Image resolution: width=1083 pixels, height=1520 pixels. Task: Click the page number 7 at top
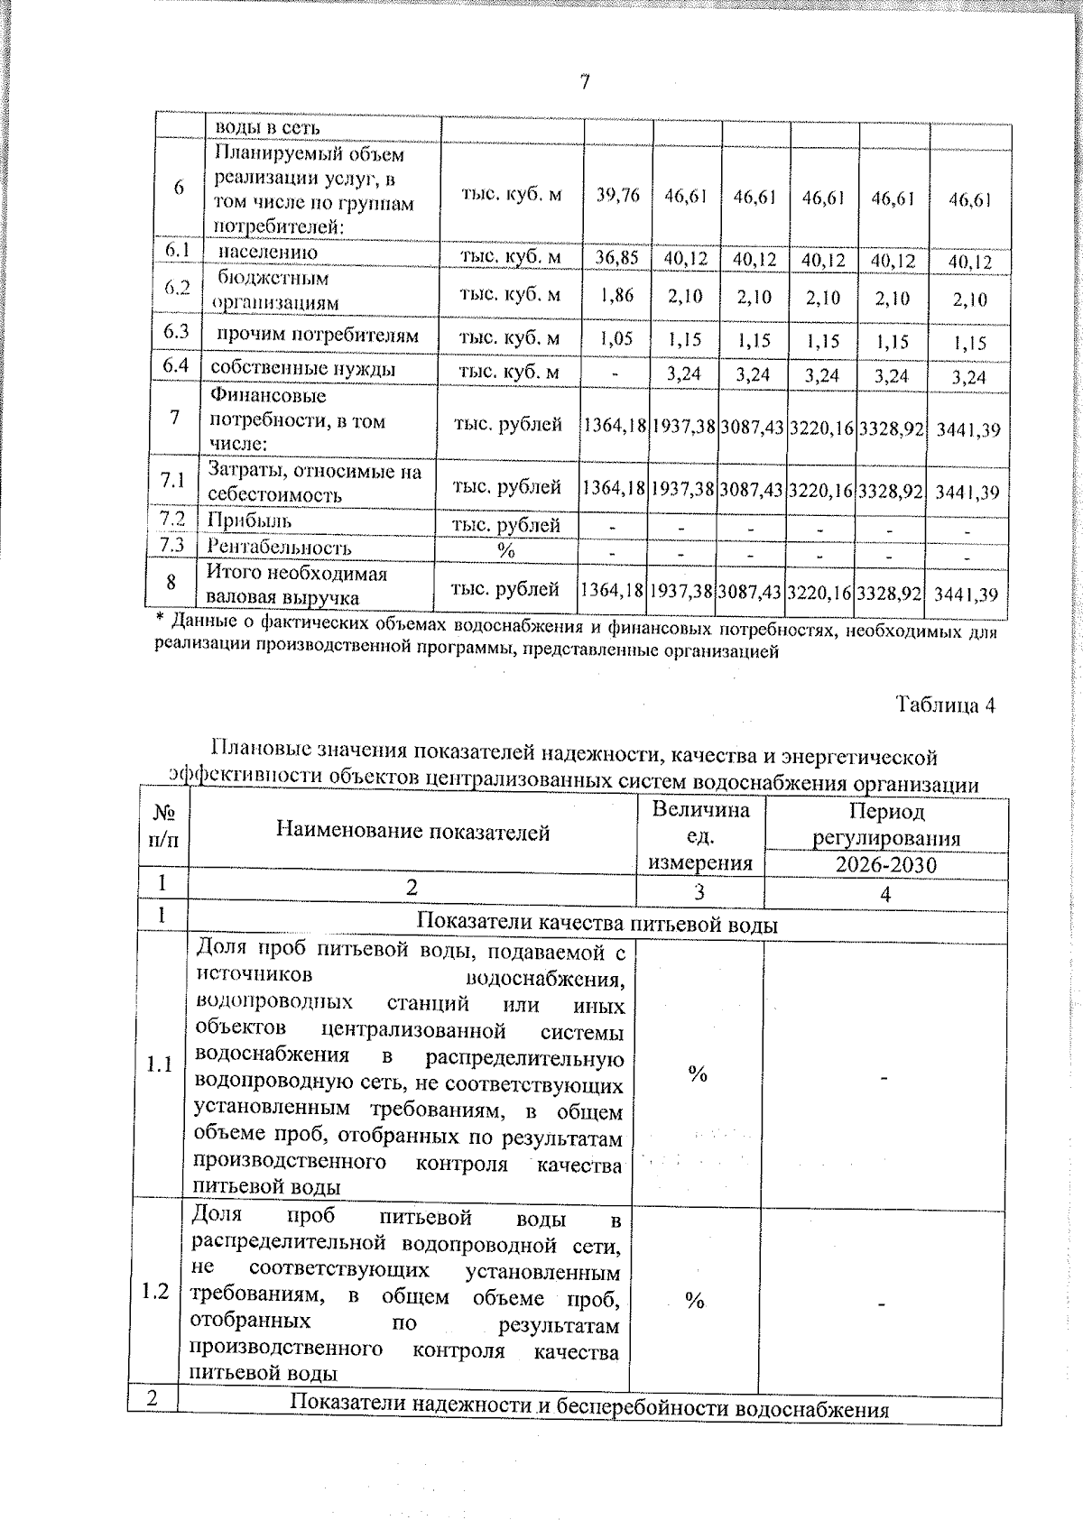coord(585,83)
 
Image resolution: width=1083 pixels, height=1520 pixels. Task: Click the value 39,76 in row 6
coord(618,195)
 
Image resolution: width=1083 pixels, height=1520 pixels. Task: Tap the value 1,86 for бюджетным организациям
coord(617,295)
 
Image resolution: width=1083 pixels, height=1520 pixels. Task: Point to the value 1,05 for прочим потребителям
coord(617,338)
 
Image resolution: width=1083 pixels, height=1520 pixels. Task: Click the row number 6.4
coord(175,366)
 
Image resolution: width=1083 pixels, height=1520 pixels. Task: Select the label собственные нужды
coord(303,369)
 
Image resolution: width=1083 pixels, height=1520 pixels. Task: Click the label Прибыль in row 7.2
coord(250,520)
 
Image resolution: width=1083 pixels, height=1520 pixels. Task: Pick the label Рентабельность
coord(279,548)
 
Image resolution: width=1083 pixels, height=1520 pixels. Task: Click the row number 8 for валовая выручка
coord(171,583)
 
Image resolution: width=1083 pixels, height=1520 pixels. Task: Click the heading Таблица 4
coord(945,705)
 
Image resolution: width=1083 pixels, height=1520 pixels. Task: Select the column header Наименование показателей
coord(412,832)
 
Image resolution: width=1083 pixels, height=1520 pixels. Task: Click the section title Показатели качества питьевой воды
coord(597,924)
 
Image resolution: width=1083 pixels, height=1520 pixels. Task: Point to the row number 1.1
coord(159,1064)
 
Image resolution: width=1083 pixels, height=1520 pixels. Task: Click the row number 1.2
coord(154,1292)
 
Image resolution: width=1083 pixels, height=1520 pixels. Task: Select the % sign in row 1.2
coord(694,1300)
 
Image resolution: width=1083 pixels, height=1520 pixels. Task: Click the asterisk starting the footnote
coord(160,621)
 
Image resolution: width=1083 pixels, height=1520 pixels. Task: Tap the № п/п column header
coord(163,826)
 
